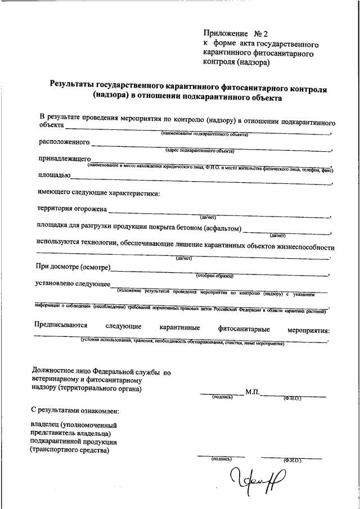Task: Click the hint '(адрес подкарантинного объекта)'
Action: (x=200, y=151)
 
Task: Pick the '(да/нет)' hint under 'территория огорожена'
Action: (x=208, y=217)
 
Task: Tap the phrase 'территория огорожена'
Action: (x=71, y=208)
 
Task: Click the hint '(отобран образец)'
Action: (x=214, y=276)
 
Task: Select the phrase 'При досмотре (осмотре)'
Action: (x=73, y=266)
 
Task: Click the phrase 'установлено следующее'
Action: (x=73, y=283)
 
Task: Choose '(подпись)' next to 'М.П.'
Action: (x=222, y=397)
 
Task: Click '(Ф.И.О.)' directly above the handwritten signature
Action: (x=292, y=460)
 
